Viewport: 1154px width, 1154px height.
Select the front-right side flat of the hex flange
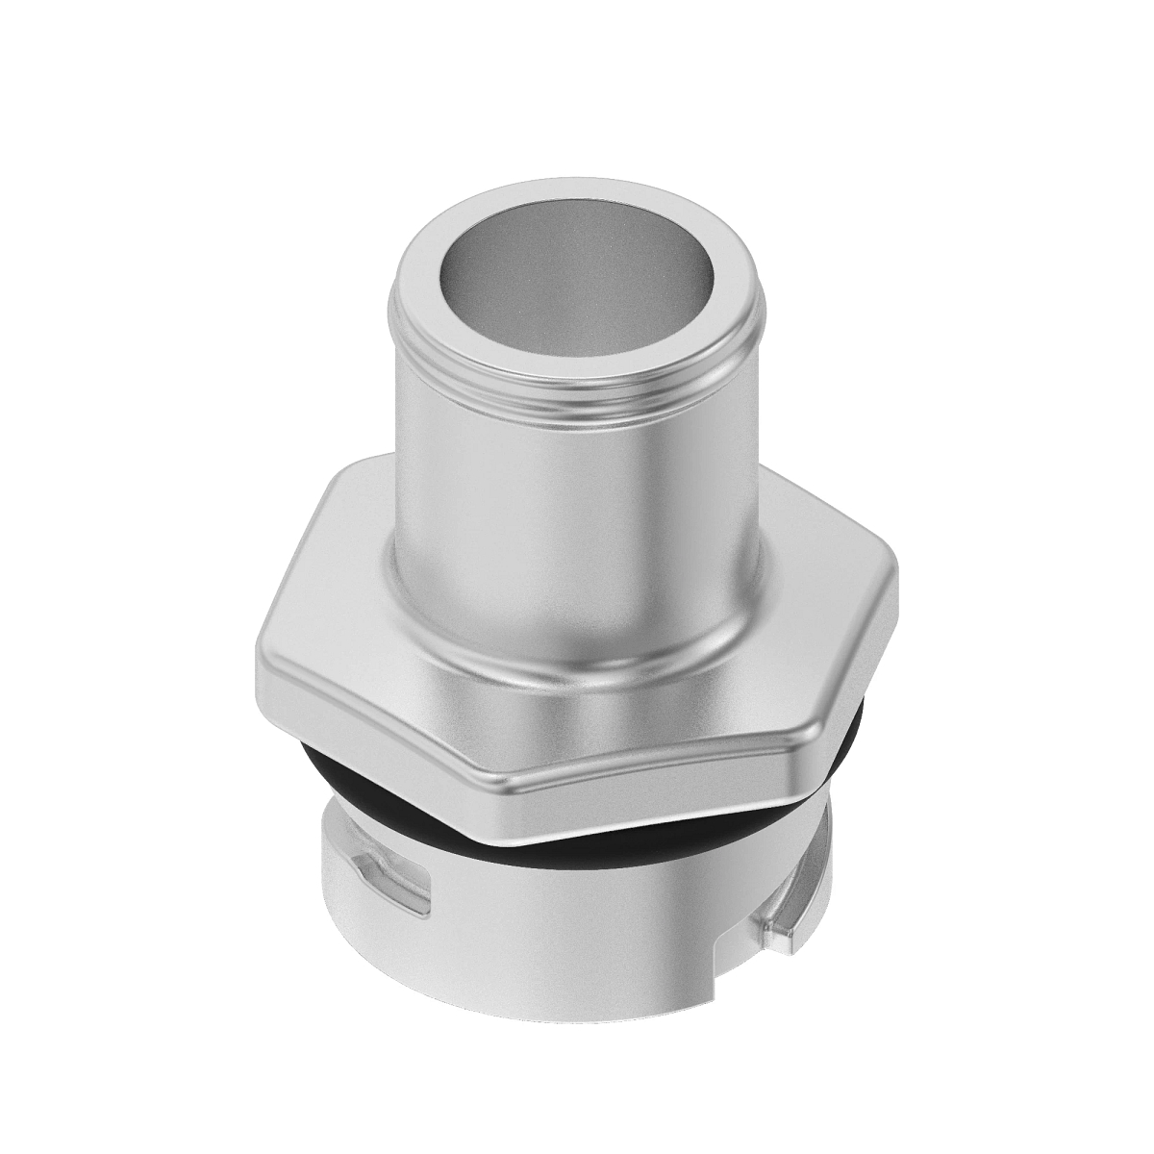[x=673, y=769]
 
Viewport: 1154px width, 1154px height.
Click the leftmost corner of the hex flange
[x=258, y=664]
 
